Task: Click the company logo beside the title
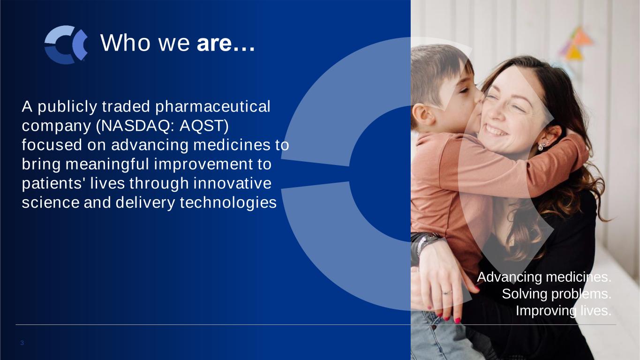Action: click(66, 45)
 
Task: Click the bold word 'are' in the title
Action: click(214, 43)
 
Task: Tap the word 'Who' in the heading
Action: click(126, 43)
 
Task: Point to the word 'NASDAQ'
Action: click(136, 126)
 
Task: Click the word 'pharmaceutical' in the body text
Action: click(212, 107)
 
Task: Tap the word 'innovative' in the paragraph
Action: click(232, 183)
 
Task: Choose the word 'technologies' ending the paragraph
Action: click(228, 203)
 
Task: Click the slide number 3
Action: click(22, 343)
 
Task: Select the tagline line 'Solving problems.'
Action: click(557, 294)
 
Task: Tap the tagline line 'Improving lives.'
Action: click(564, 311)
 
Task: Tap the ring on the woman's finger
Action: click(446, 292)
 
